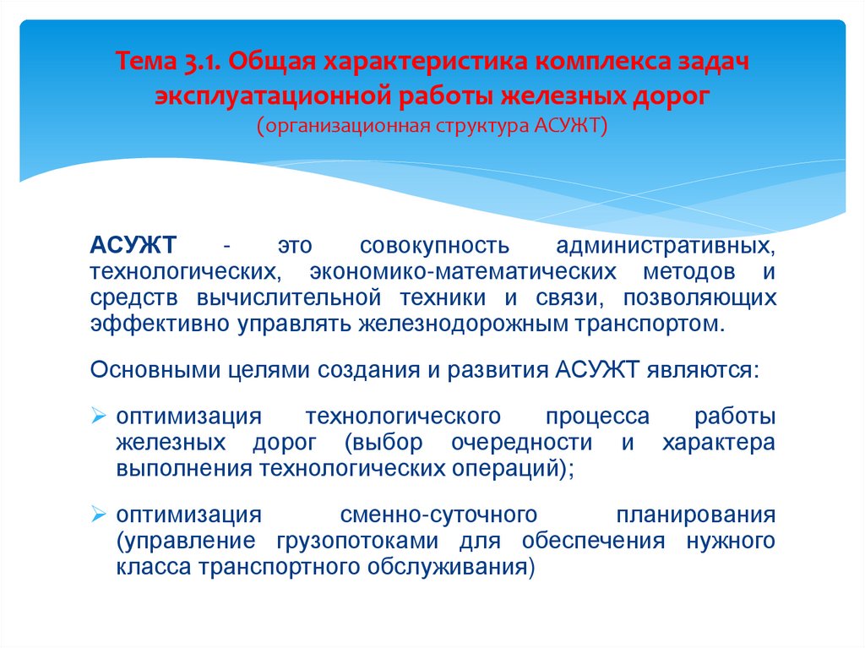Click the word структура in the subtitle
[480, 127]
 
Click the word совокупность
[434, 246]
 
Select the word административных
[666, 246]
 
